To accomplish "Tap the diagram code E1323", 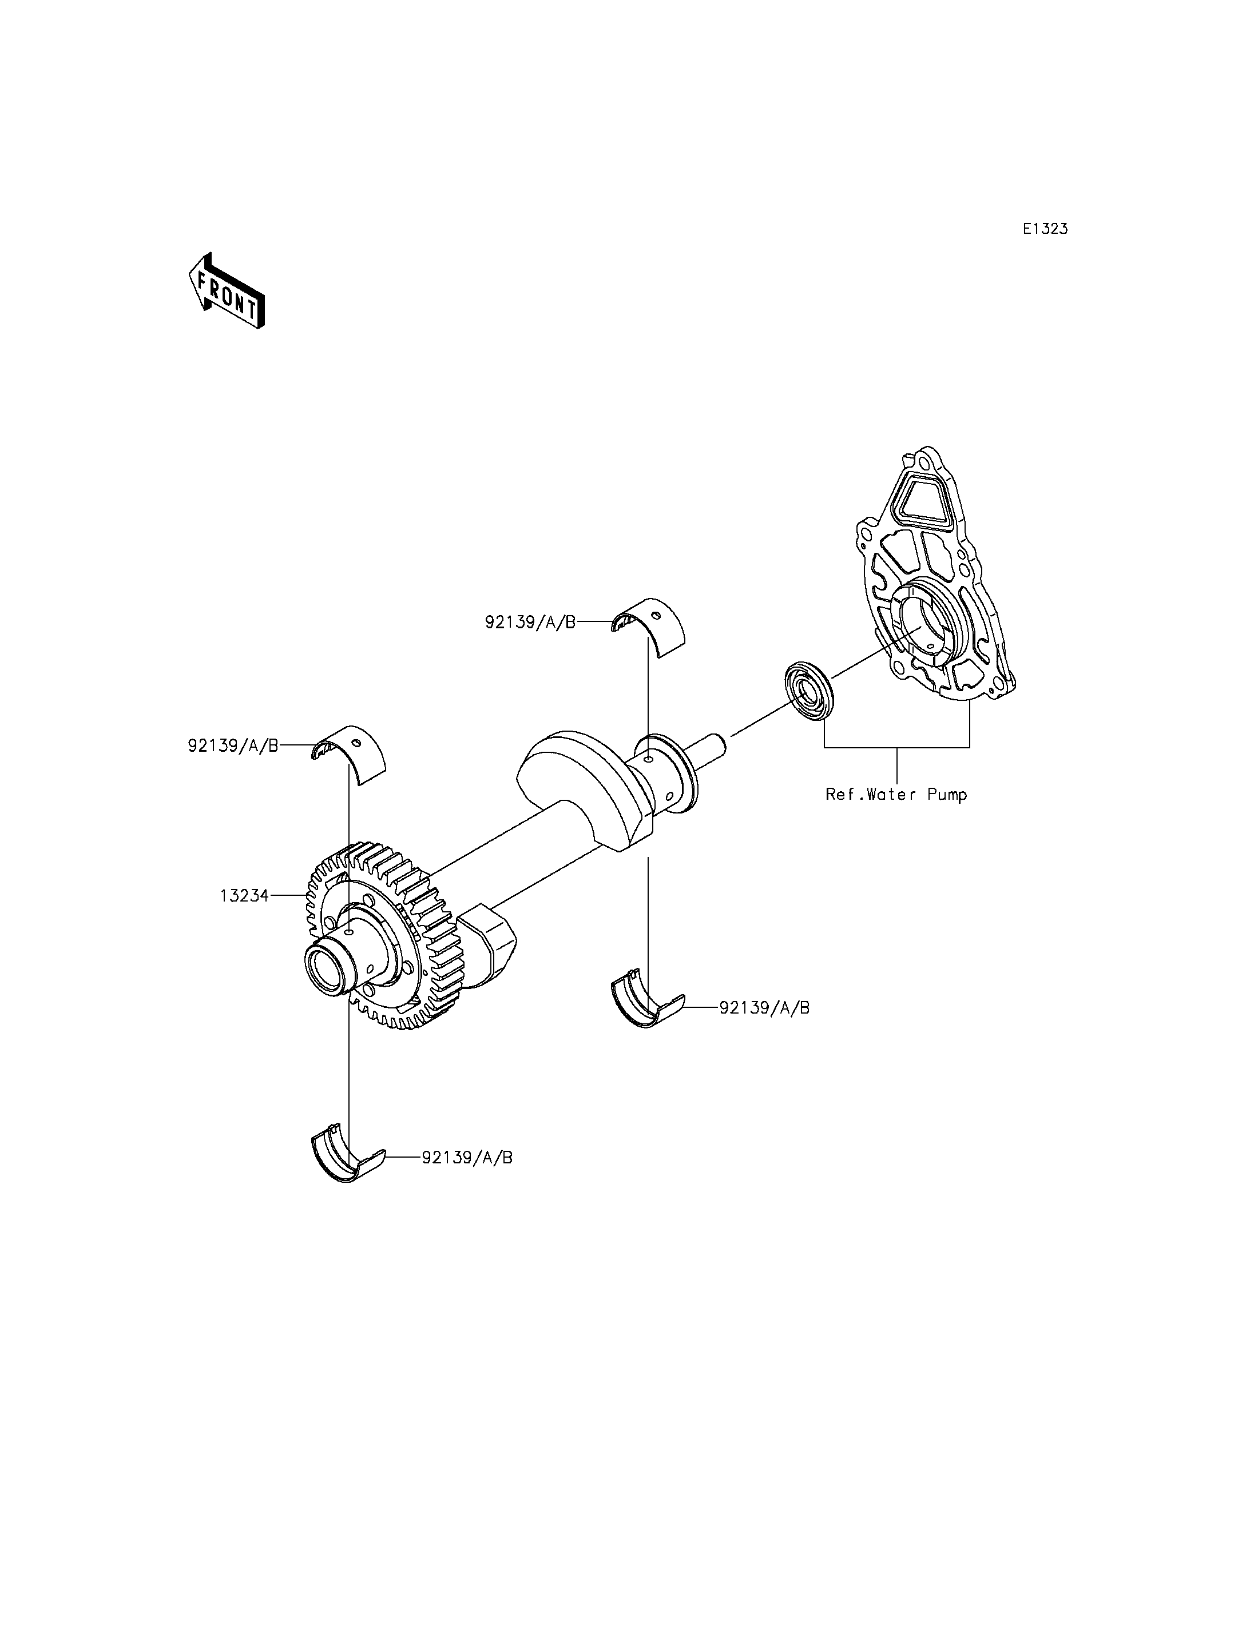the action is tap(1045, 229).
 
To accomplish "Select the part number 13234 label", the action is tap(244, 895).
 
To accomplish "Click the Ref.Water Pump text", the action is tap(896, 795).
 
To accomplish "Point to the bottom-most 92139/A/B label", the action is tap(467, 1157).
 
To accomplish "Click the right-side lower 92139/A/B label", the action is tap(764, 1007).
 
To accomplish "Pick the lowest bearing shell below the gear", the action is tap(347, 1165).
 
